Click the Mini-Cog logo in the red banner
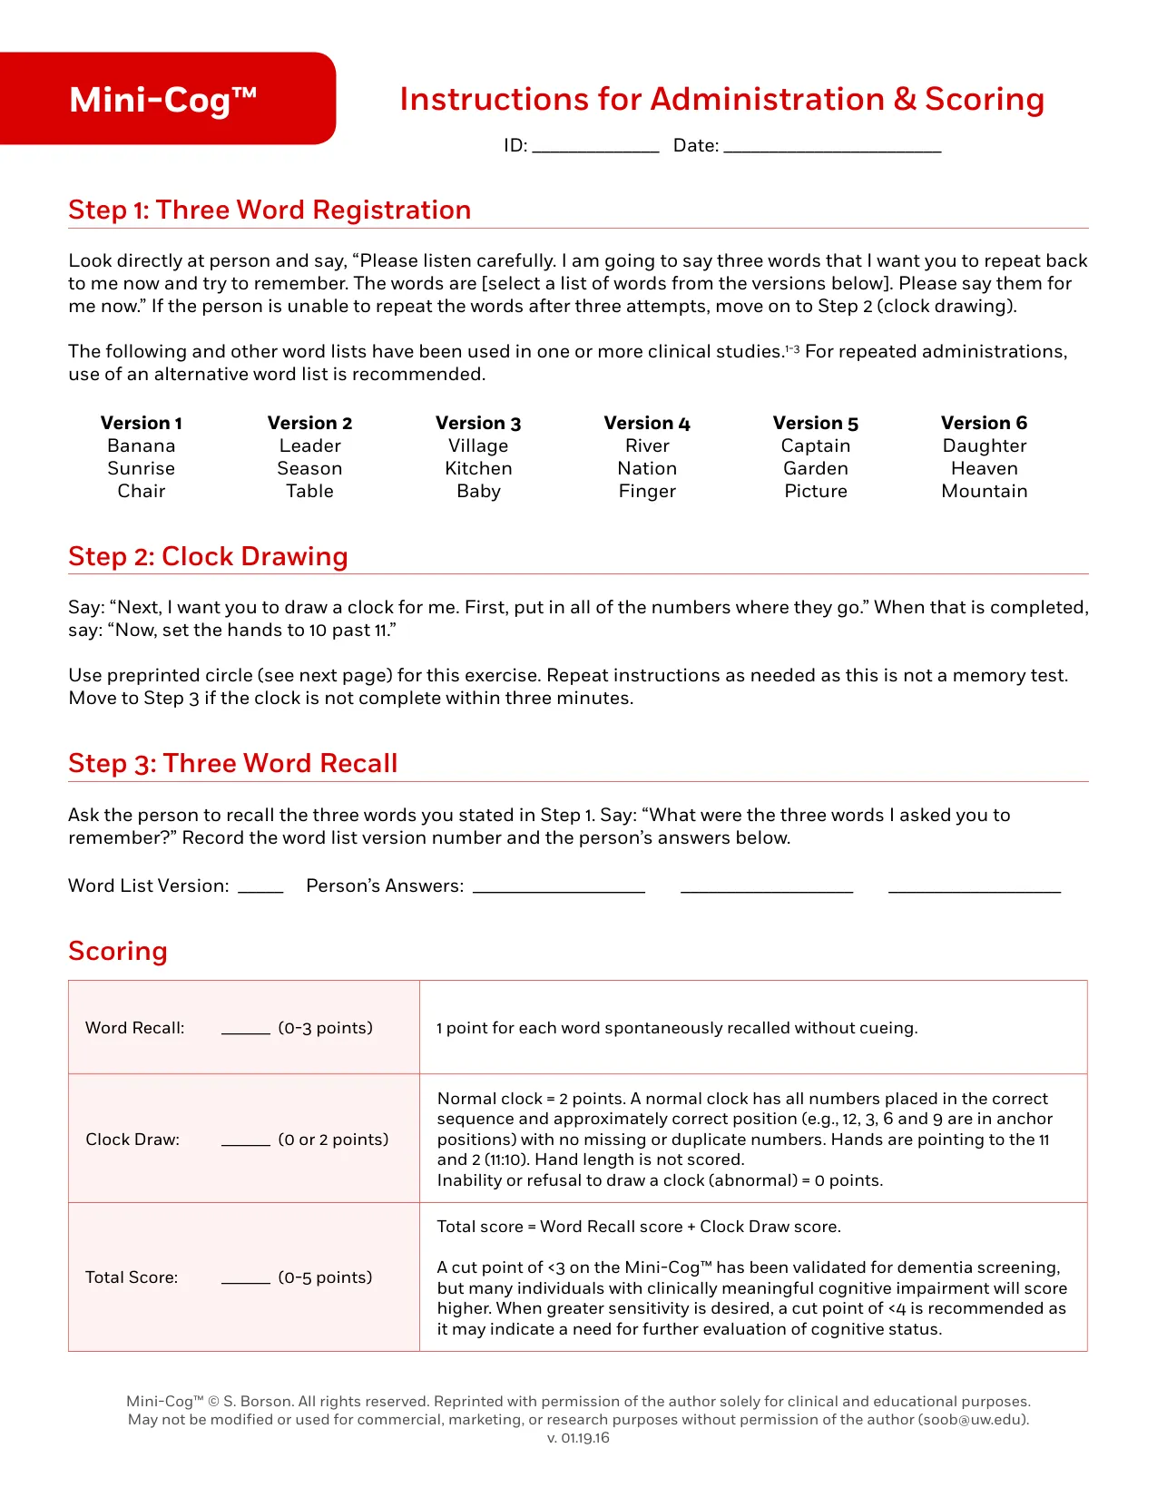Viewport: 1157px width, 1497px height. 163,100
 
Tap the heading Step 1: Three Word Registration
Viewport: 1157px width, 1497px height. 270,210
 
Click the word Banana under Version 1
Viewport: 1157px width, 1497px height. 141,445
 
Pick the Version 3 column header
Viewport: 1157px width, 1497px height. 478,423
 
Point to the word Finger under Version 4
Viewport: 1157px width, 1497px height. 647,491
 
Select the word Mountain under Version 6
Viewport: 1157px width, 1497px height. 984,491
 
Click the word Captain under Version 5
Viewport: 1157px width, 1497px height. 816,445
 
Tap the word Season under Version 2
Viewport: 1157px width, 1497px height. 309,468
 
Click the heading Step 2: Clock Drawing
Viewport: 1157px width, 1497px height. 208,556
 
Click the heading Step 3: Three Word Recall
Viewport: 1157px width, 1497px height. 233,763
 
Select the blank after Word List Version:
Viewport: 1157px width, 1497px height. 260,889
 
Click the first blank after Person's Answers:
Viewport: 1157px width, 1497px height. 559,889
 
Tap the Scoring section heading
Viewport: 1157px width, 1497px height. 118,951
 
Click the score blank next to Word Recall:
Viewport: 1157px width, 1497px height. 246,1031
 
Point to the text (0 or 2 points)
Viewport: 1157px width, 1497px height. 333,1140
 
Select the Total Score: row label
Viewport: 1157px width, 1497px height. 132,1277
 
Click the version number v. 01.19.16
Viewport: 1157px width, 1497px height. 578,1438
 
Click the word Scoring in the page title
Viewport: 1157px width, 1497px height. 984,99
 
